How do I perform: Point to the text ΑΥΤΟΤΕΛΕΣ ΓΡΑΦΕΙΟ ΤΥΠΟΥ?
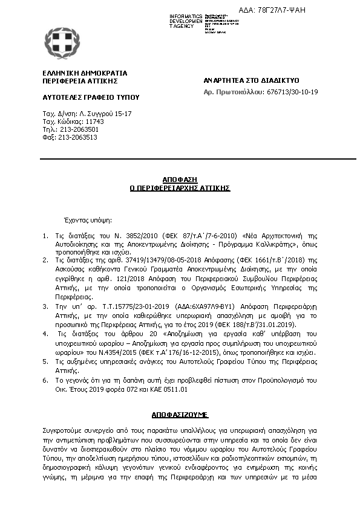pos(82,97)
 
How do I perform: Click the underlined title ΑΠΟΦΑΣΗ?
pos(180,180)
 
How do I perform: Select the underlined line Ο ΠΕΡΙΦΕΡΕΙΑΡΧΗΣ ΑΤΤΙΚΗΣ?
pos(180,188)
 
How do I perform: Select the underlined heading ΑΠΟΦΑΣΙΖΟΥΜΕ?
pos(180,415)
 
